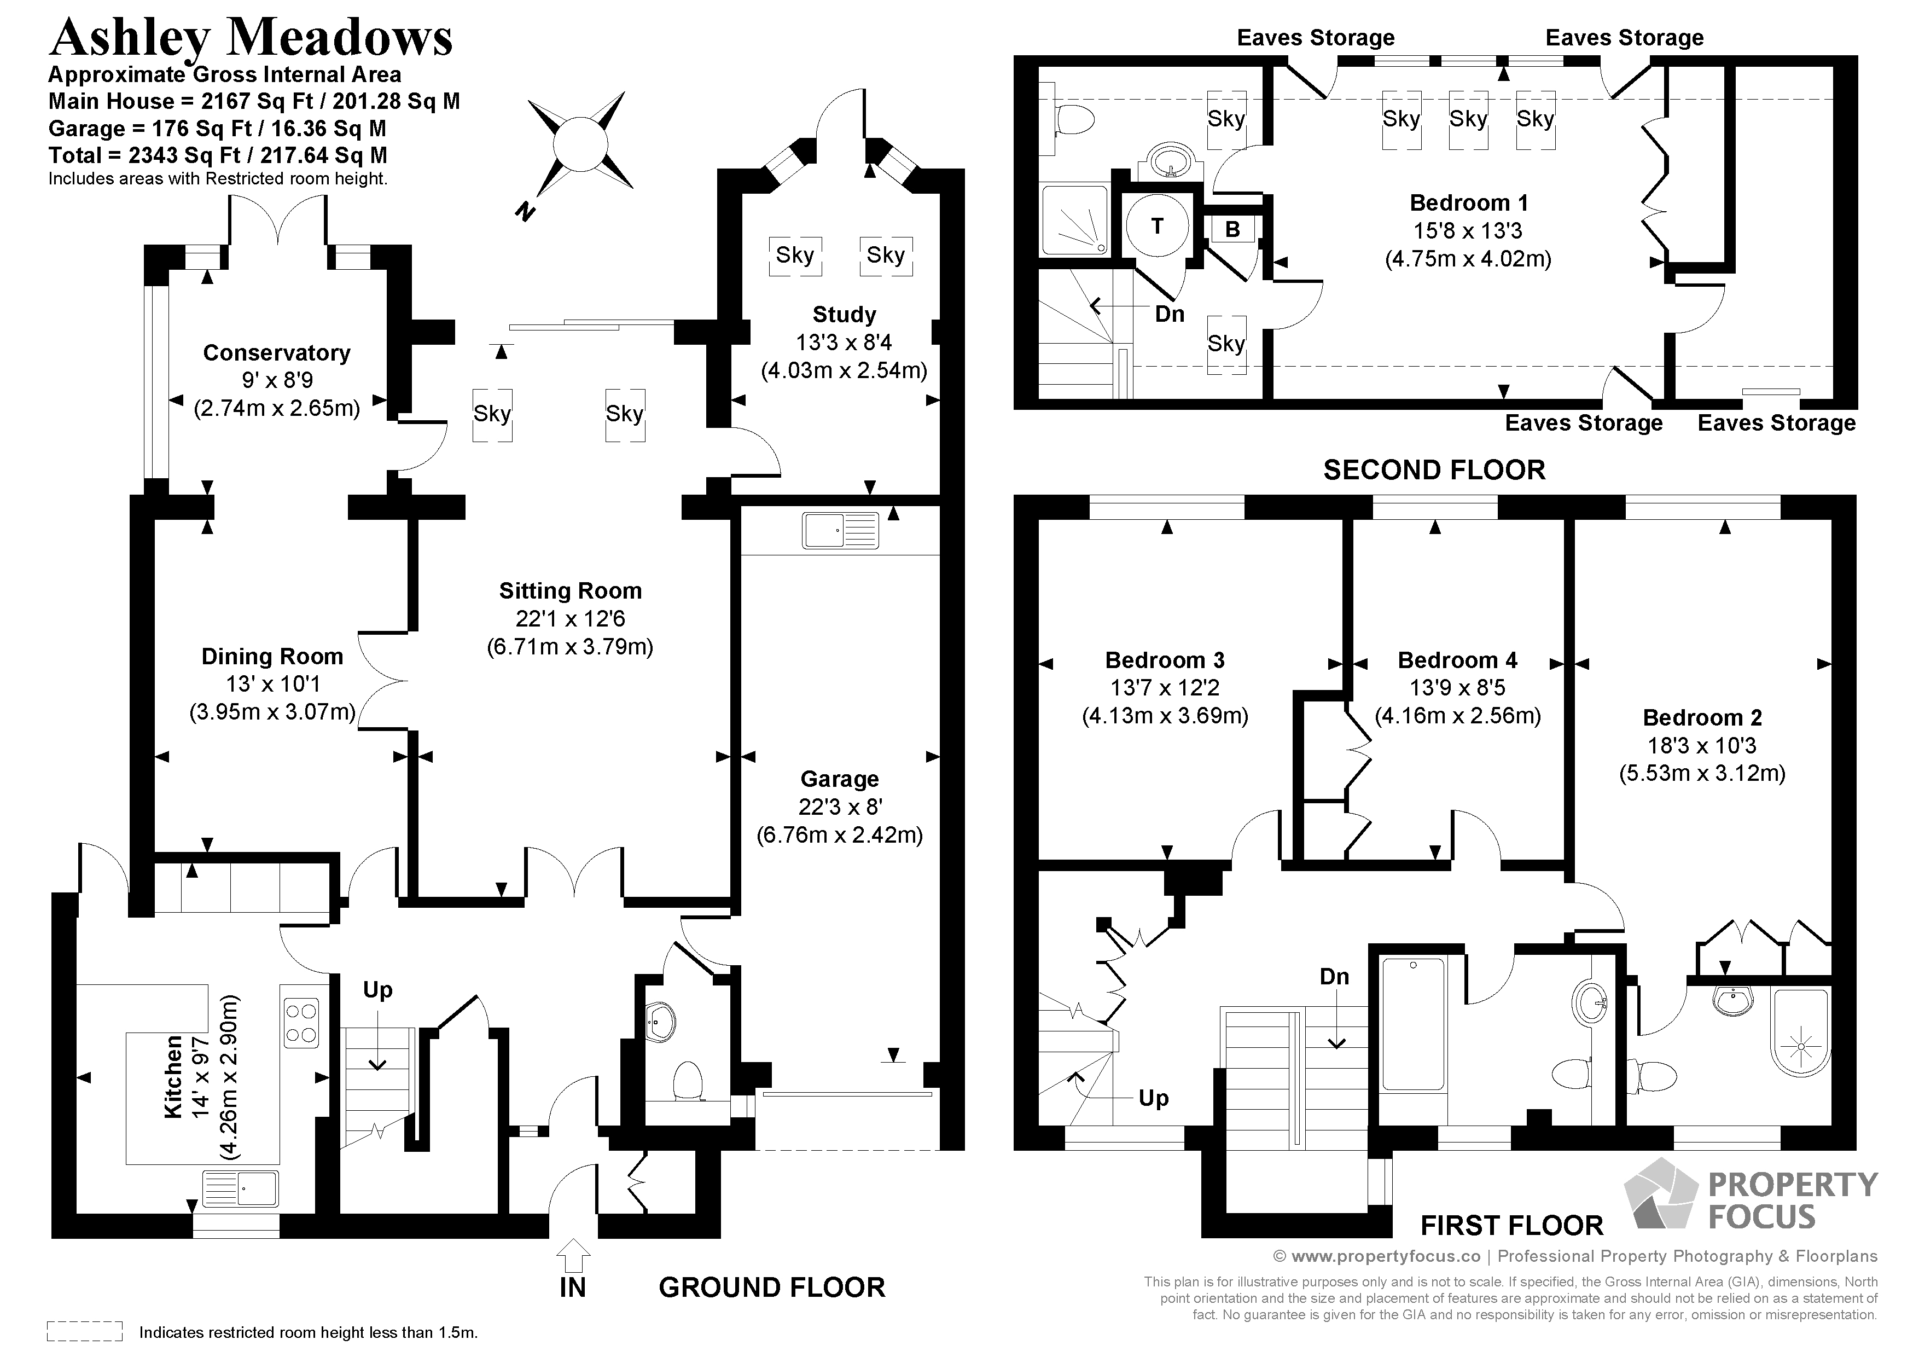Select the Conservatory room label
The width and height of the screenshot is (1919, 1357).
277,353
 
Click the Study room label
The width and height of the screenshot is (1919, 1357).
844,315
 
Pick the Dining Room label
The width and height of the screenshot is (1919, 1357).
272,657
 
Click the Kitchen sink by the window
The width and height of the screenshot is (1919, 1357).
241,1188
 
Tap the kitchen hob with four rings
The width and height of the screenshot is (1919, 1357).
301,1023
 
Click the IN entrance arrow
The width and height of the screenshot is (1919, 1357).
573,1257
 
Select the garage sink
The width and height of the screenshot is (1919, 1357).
841,530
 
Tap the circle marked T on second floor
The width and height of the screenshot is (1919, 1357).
1157,226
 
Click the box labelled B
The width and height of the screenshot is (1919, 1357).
1232,229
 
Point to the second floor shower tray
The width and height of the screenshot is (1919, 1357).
1075,220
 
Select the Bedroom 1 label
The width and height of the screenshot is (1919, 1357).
1468,202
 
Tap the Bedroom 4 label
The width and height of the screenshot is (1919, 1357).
1458,660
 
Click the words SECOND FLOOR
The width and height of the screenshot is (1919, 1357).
1434,470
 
